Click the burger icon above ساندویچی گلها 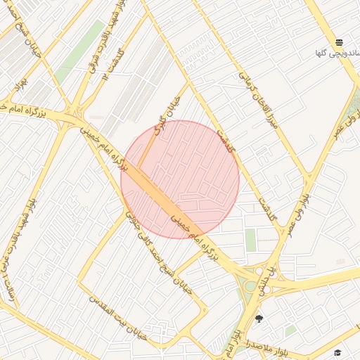coord(340,42)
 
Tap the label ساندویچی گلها coord(337,53)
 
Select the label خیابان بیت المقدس coord(117,316)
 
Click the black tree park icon coord(259,319)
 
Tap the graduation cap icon coord(337,352)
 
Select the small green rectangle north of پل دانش coord(250,239)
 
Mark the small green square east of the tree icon coord(290,330)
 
